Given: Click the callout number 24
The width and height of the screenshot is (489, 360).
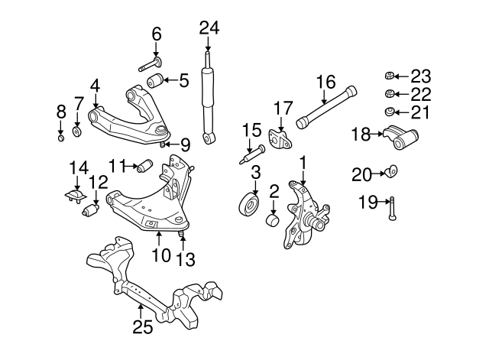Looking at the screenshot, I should coord(209,28).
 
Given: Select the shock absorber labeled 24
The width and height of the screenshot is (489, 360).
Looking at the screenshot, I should coord(208,96).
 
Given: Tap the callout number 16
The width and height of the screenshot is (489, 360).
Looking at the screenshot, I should coord(325,82).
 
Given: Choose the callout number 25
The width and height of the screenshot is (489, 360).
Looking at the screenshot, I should coord(143,327).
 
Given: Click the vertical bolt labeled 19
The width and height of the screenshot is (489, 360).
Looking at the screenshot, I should coord(391,208).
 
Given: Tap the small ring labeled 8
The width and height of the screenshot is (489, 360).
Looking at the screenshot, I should coord(62,138).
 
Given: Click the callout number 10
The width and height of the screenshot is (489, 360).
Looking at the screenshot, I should coord(160,255).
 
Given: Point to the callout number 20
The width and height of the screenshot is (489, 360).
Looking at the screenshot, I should coord(361,174).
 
